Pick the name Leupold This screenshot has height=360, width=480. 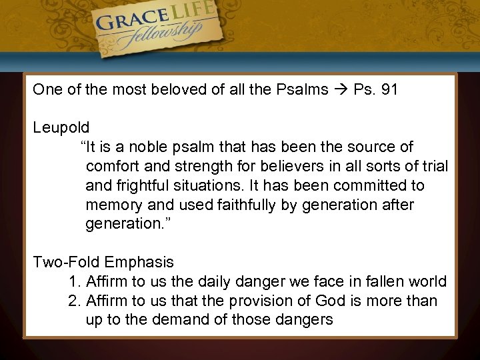[61, 127]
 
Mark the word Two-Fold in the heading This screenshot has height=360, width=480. [63, 263]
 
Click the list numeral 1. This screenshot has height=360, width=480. [73, 281]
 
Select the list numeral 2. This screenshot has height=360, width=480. [73, 301]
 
